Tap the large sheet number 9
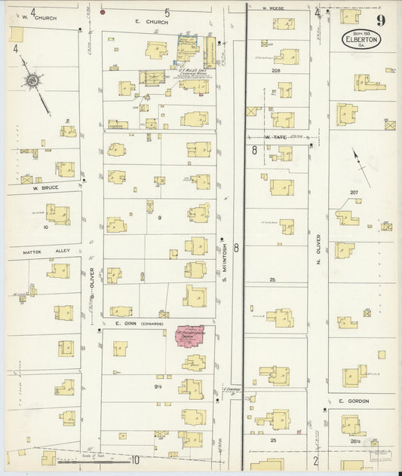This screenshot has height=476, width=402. point(383,21)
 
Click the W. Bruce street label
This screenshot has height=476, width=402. point(44,188)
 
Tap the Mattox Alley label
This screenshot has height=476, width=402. point(45,251)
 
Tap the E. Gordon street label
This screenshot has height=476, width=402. point(353,401)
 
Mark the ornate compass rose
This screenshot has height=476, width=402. point(33,81)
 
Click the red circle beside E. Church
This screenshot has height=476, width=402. point(103,13)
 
